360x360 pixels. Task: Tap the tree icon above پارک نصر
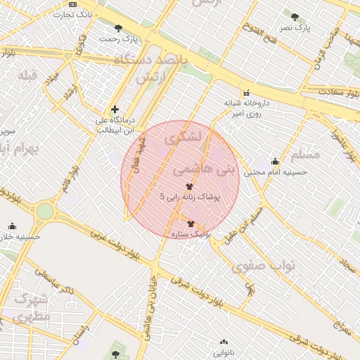click(293, 15)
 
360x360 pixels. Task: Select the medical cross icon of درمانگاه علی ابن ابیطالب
click(115, 109)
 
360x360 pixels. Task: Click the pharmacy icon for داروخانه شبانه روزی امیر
click(245, 93)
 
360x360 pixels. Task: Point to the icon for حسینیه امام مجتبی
click(275, 161)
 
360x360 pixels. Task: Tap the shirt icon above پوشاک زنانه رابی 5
click(190, 186)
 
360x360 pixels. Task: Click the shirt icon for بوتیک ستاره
click(191, 223)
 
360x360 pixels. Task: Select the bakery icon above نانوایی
click(221, 343)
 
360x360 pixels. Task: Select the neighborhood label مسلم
click(304, 153)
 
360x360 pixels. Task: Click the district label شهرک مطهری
click(30, 307)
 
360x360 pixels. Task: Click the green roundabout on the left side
click(45, 211)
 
